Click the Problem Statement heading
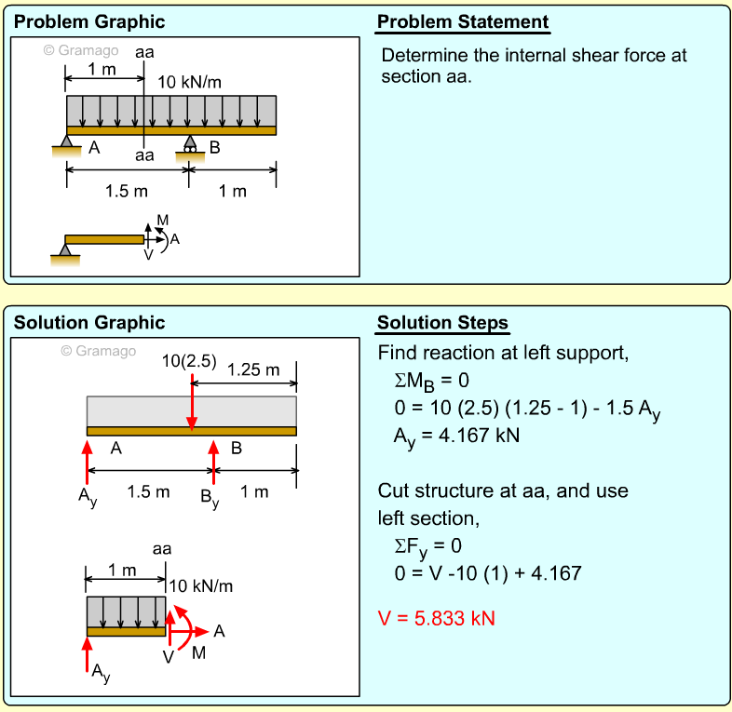(x=463, y=22)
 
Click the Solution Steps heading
(x=442, y=323)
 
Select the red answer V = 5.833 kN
(x=436, y=618)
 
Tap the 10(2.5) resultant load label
(x=189, y=360)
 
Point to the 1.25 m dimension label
(x=253, y=370)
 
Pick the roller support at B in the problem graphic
(x=190, y=146)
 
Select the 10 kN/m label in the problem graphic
(x=190, y=82)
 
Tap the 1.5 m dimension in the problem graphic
(x=127, y=192)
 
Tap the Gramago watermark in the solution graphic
(x=99, y=351)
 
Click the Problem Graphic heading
(x=89, y=22)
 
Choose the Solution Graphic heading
(x=89, y=323)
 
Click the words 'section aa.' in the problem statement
(x=427, y=76)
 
